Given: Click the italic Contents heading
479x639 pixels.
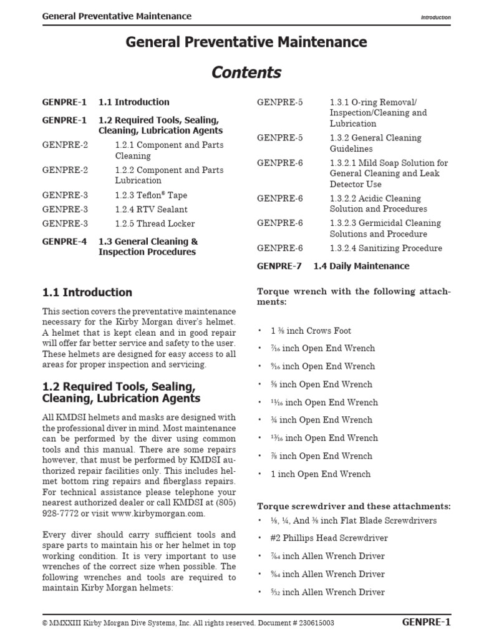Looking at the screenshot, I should point(246,72).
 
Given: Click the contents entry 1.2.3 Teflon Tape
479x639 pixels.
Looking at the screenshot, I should point(151,195).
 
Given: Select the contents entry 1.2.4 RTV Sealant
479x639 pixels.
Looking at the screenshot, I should point(151,210).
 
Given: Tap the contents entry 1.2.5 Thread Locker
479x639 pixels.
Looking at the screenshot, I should point(155,223).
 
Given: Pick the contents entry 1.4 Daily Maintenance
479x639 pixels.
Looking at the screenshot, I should point(361,266).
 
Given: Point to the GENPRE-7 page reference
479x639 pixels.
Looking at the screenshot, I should point(279,266).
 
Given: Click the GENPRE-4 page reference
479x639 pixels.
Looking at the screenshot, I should point(65,241).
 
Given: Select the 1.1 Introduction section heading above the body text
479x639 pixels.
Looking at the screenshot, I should point(87,292).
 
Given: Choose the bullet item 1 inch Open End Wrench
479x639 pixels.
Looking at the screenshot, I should point(320,474).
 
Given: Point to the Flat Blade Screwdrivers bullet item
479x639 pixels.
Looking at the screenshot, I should point(353,520).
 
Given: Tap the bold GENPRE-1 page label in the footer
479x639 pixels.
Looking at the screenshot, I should point(427,622).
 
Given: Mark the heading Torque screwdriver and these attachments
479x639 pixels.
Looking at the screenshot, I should point(354,506).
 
